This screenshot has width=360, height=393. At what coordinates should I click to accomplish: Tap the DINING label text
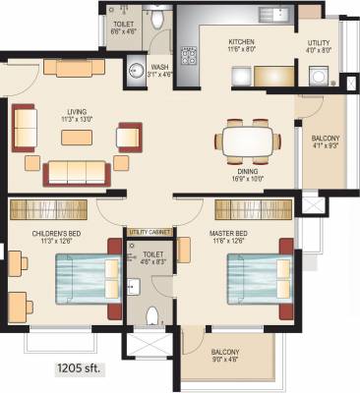click(x=243, y=169)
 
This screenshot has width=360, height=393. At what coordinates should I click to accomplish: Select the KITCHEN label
click(x=242, y=42)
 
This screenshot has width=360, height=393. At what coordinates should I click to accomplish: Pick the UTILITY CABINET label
click(x=150, y=232)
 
